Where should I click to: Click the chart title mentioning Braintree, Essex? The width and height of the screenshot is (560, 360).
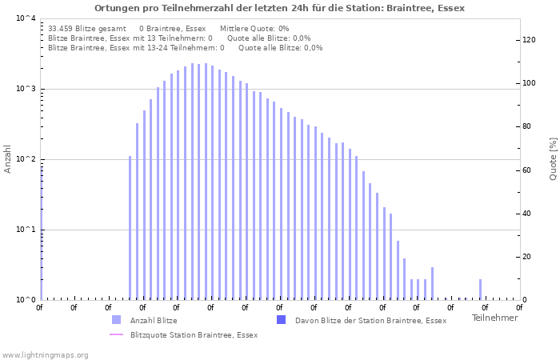click(279, 8)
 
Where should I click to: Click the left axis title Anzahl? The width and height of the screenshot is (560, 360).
click(9, 158)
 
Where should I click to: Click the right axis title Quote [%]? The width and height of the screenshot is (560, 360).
click(553, 158)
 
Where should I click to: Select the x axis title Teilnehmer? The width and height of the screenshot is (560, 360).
click(494, 318)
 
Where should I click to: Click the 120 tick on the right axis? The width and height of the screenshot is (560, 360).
click(528, 40)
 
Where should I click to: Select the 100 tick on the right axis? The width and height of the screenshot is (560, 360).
click(528, 83)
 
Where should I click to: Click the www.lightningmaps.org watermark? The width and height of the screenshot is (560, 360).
click(46, 355)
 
